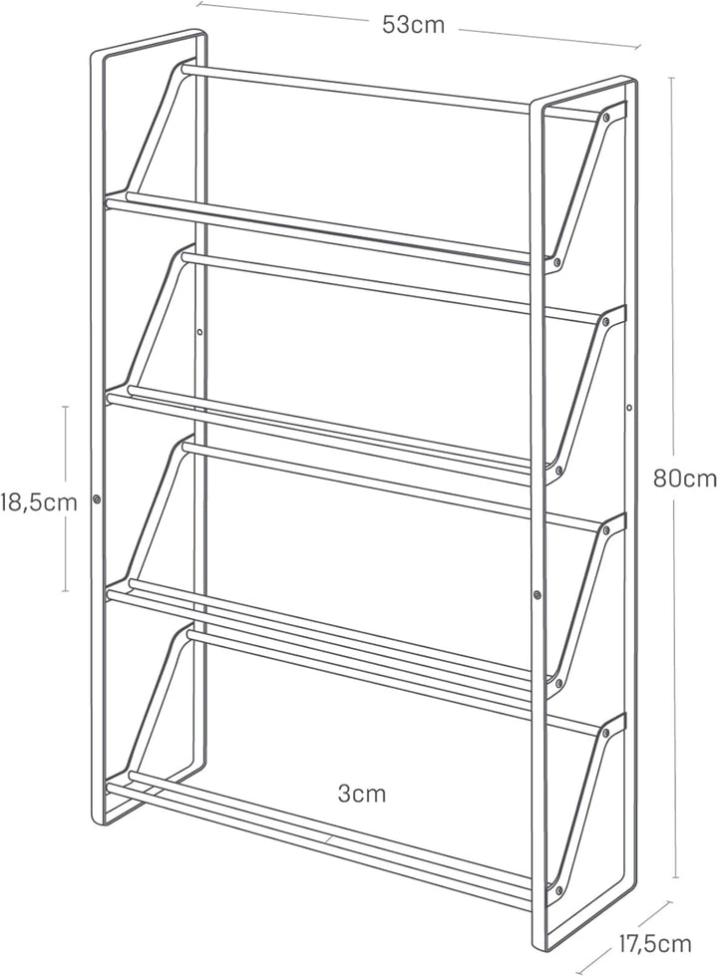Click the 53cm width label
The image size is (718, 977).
click(413, 25)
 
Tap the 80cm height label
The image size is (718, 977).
click(685, 479)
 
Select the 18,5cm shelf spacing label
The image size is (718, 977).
click(39, 501)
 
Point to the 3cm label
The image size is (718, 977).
click(361, 794)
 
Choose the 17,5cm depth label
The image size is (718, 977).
click(654, 944)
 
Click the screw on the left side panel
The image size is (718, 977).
click(97, 498)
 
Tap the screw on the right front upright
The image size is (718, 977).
click(538, 595)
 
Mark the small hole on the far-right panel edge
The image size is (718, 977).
click(629, 408)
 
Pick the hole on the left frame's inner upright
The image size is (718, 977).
click(200, 332)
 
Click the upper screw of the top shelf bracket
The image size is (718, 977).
click(606, 116)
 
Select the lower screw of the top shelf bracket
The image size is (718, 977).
click(557, 262)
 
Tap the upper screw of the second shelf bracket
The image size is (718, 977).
click(606, 321)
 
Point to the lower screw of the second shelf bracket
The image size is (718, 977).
click(559, 471)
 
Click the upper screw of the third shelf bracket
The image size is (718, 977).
click(606, 529)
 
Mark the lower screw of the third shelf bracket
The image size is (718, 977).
click(559, 683)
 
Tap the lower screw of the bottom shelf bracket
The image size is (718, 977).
click(559, 889)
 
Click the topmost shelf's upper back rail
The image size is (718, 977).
click(355, 89)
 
